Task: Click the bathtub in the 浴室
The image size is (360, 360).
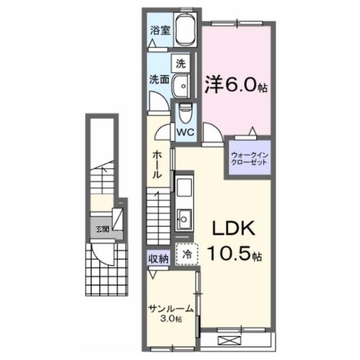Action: click(x=186, y=30)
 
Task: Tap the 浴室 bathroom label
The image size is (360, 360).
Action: click(x=160, y=30)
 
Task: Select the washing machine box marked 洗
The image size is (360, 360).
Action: click(x=181, y=64)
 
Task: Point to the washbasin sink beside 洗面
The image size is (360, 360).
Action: click(x=181, y=86)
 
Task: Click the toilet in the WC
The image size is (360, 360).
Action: click(x=185, y=113)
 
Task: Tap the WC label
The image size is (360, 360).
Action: click(x=185, y=132)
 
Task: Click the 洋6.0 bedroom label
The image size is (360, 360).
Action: click(x=236, y=84)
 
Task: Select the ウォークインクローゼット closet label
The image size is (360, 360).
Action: click(x=250, y=159)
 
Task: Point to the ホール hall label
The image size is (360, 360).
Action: click(x=157, y=165)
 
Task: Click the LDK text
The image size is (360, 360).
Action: click(x=234, y=228)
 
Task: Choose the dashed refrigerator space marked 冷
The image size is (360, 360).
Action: click(x=187, y=254)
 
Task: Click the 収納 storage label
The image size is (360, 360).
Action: click(x=159, y=259)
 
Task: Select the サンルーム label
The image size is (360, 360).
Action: click(x=171, y=308)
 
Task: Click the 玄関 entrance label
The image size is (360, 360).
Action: click(x=102, y=229)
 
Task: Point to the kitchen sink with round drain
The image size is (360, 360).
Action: click(x=184, y=219)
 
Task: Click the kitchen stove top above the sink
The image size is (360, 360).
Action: click(x=184, y=187)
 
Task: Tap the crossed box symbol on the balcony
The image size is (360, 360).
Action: click(x=229, y=340)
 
